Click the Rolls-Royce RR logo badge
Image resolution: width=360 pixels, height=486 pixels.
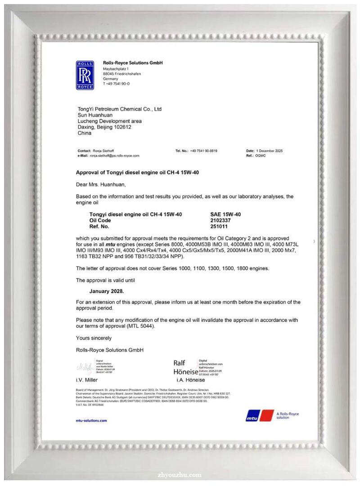[85, 75]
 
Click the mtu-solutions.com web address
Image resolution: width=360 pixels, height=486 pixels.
[92, 420]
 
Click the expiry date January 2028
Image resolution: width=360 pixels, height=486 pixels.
[107, 291]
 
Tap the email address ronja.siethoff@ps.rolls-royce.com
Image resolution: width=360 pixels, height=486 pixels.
[114, 155]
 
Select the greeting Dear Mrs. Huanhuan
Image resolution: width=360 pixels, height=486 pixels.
[101, 184]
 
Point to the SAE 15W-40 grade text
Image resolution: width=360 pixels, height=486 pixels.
[225, 214]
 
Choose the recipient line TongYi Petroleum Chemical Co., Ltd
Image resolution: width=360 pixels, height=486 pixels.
[120, 109]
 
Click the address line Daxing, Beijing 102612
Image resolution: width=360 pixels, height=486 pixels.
[104, 127]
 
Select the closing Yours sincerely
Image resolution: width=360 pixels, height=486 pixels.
[94, 338]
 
